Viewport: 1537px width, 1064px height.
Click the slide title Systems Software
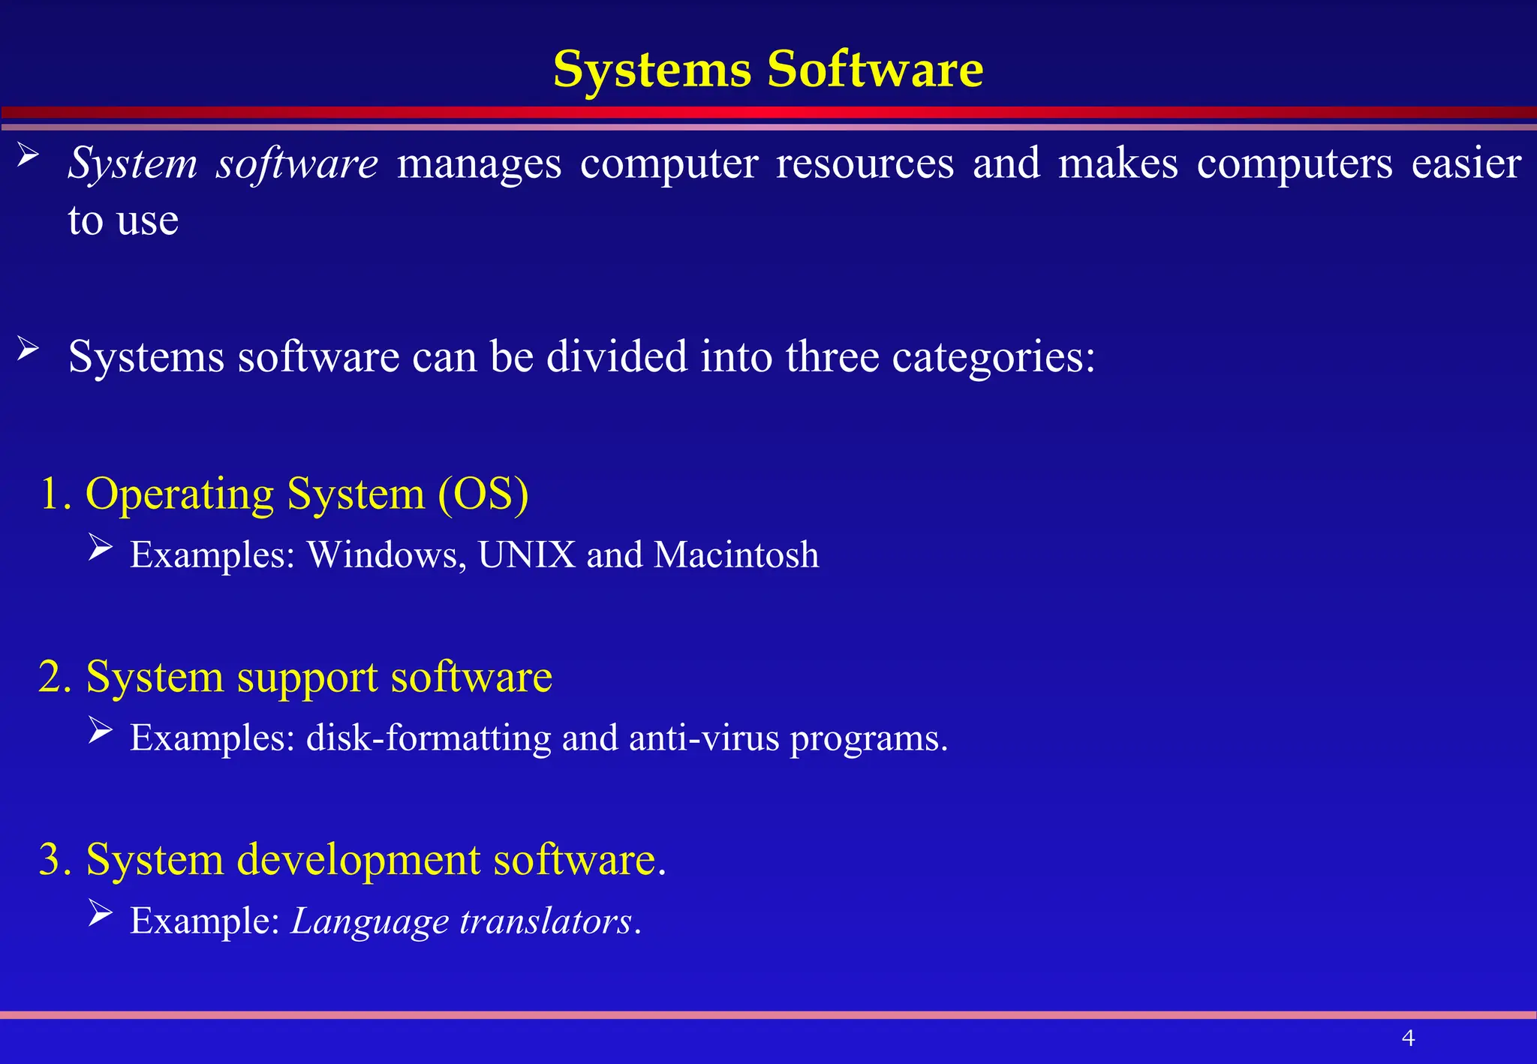tap(768, 69)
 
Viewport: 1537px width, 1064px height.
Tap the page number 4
tap(1408, 1038)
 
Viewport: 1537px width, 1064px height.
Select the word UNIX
tap(527, 555)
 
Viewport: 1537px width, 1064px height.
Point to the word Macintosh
tap(736, 555)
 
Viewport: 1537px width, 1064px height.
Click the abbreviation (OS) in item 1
tap(483, 494)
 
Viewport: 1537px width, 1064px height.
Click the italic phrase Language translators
tap(462, 921)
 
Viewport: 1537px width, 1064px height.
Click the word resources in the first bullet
tap(865, 164)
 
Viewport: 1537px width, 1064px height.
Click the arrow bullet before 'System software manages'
tap(28, 156)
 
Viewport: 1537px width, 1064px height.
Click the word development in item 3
tap(358, 860)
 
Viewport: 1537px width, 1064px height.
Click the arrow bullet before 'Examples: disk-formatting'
tap(100, 729)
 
